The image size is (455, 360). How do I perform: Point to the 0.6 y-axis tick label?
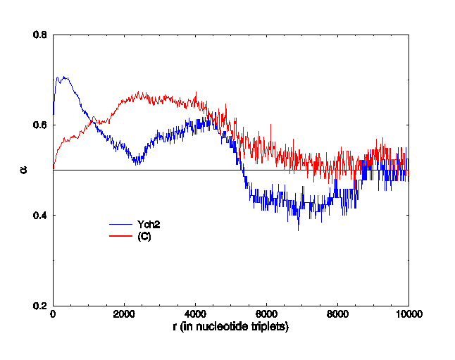click(x=41, y=125)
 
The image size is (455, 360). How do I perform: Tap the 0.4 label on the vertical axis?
click(x=41, y=215)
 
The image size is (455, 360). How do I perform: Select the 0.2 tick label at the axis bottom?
click(x=41, y=305)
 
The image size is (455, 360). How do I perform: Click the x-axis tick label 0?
click(x=53, y=315)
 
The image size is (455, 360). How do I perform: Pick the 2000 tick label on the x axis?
click(x=124, y=315)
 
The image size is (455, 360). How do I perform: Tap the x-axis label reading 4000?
click(x=195, y=315)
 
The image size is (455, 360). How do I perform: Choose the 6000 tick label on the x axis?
click(x=266, y=315)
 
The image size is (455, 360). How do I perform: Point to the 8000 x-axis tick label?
click(x=337, y=315)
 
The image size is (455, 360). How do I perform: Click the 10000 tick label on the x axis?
click(x=409, y=315)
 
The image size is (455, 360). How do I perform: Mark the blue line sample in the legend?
click(x=121, y=224)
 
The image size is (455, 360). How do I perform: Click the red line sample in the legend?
click(x=121, y=236)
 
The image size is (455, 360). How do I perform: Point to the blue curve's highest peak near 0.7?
click(x=64, y=77)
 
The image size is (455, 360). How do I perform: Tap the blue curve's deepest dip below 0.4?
click(x=298, y=230)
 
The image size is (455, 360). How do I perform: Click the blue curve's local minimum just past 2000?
click(x=136, y=163)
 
